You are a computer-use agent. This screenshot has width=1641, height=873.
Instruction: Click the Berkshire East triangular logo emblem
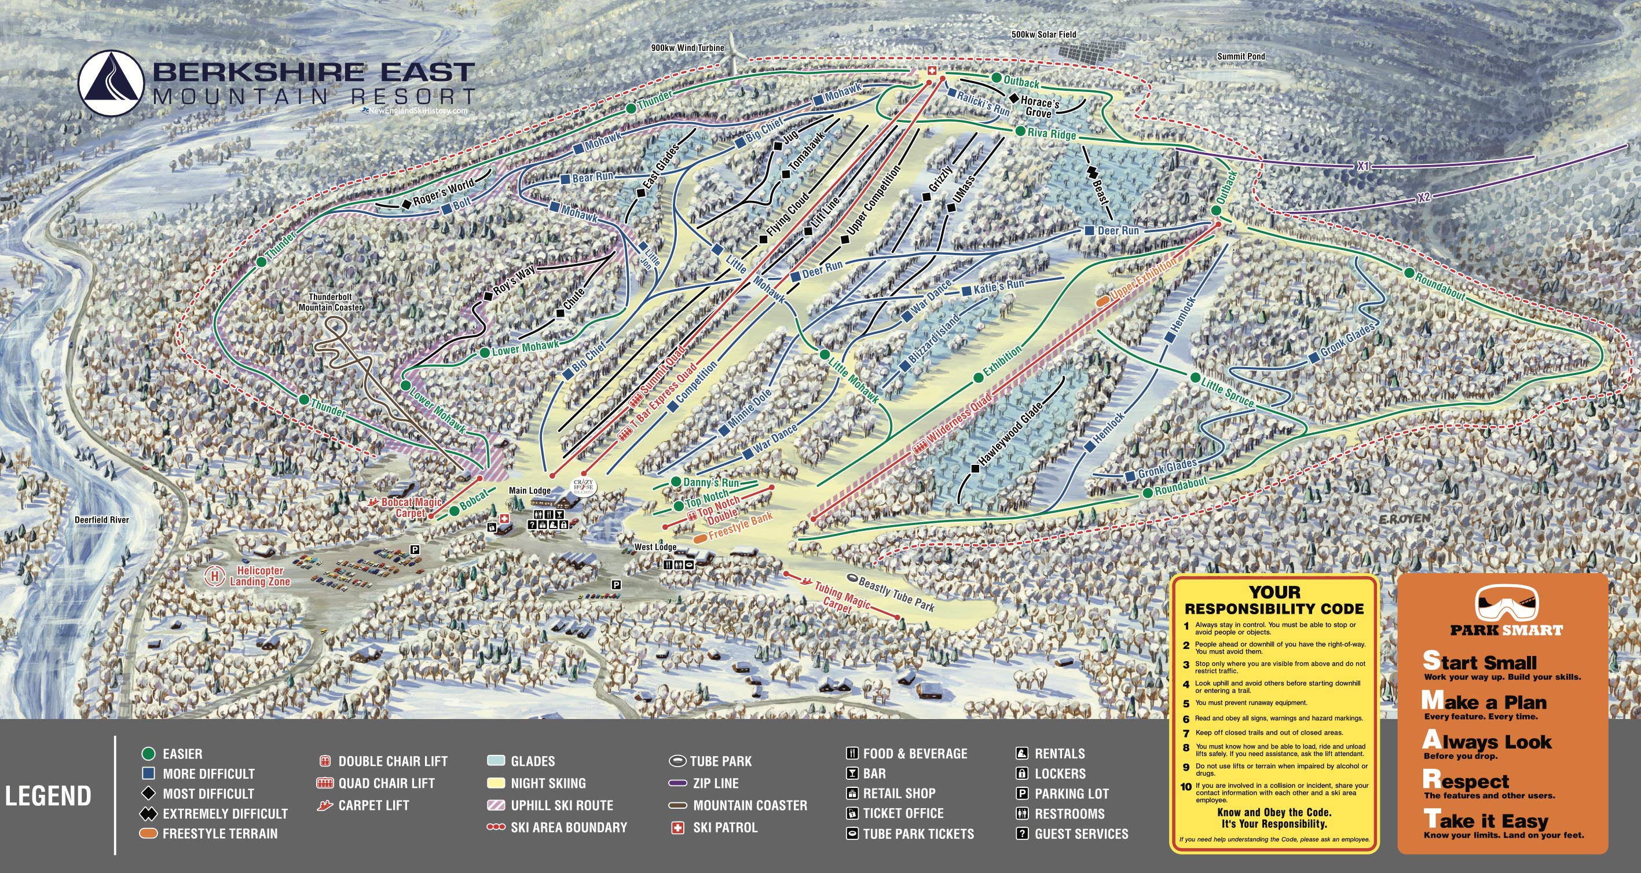tap(111, 83)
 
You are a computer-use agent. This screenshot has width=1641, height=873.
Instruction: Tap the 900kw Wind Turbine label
tap(687, 47)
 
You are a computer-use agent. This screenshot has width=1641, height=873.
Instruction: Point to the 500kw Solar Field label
tap(1043, 34)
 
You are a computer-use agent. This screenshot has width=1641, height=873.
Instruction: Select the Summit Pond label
tap(1241, 56)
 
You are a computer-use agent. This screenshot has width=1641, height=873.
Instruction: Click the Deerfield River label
tap(101, 520)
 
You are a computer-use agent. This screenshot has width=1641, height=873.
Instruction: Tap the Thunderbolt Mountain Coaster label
tap(331, 302)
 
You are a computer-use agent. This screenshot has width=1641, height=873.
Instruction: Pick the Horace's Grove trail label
tap(1039, 107)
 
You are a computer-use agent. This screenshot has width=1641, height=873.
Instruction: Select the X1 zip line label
tap(1362, 166)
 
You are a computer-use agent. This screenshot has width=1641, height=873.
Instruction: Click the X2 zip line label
tap(1424, 197)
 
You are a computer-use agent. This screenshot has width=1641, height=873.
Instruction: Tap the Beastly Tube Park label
tap(896, 593)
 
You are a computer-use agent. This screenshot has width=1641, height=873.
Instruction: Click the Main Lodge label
tap(529, 490)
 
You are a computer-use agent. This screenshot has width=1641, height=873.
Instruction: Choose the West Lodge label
tap(655, 547)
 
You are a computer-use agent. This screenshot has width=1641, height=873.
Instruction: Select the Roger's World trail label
tap(444, 192)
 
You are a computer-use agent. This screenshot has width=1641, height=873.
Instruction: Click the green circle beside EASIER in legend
tap(148, 754)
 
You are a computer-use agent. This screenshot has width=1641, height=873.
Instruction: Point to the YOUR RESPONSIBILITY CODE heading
tap(1274, 600)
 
